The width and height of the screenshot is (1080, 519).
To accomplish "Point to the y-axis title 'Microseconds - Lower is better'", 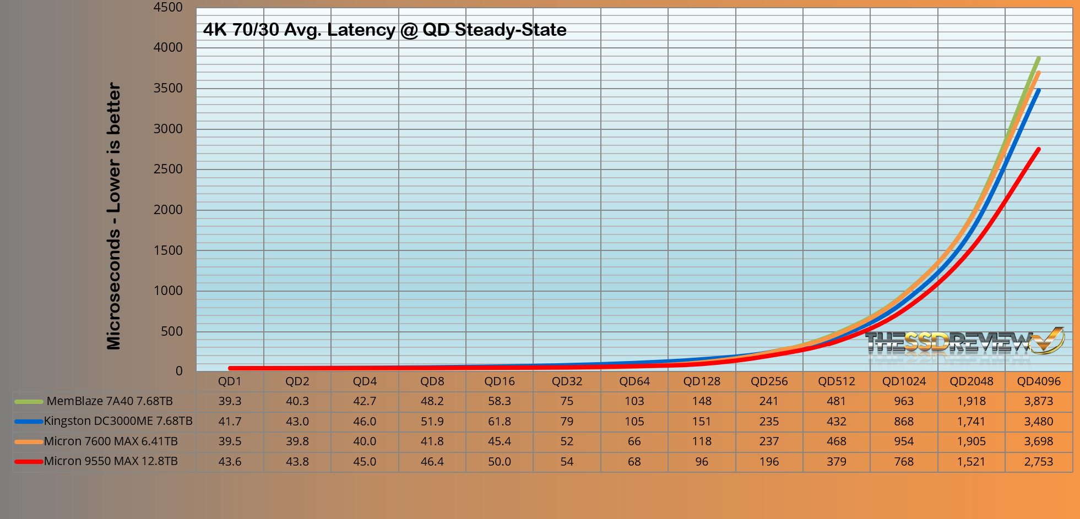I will click(113, 216).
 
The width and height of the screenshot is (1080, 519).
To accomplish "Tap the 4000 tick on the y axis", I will click(168, 48).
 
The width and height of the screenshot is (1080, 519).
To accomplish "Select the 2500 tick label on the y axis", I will click(168, 170).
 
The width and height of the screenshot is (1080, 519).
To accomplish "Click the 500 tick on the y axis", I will click(171, 331).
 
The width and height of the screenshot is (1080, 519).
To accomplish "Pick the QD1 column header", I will click(230, 381).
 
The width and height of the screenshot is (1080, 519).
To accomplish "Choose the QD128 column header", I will click(702, 381).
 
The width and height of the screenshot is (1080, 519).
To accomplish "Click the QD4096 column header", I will click(1039, 381).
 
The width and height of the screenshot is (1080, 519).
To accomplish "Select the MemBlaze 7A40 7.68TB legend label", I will click(110, 401).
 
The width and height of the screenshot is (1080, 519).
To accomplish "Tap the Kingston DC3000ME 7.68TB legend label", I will click(118, 422).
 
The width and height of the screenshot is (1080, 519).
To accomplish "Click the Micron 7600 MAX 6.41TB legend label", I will click(111, 441).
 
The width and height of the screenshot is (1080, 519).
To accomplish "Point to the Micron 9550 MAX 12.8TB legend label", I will click(111, 461).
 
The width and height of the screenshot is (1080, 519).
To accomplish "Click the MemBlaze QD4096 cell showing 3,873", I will click(1039, 401).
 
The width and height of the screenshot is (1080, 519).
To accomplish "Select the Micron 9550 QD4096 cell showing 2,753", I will click(1039, 462).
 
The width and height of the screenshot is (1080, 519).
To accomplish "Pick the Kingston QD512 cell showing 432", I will click(837, 422).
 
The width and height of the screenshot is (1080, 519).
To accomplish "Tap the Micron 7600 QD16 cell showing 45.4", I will click(500, 441).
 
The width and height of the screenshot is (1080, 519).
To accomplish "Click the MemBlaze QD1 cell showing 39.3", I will click(230, 401).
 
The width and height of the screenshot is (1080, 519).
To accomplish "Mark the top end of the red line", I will click(1038, 149).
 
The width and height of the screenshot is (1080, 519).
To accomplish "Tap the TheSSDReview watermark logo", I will click(964, 343).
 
